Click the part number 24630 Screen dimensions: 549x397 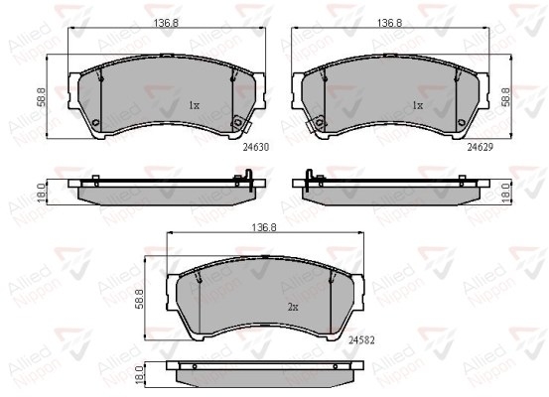tap(256, 148)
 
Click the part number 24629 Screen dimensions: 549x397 tap(480, 148)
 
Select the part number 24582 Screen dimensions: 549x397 tap(361, 340)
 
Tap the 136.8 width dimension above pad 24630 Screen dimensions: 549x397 tap(166, 23)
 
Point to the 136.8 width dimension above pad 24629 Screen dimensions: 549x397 tap(390, 23)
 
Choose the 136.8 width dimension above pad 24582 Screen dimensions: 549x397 tap(264, 227)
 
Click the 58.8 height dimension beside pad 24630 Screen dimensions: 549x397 tap(42, 97)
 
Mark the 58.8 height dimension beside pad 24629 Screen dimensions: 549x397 tap(506, 97)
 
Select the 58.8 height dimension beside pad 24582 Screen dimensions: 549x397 tap(139, 299)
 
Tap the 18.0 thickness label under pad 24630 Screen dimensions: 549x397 tap(42, 193)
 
